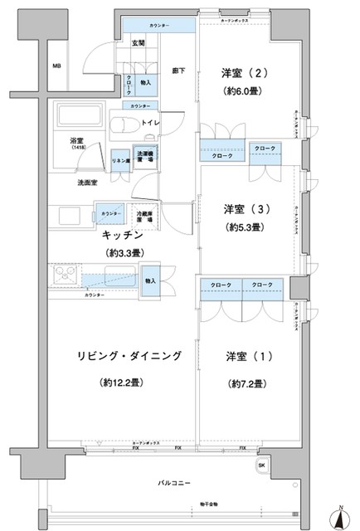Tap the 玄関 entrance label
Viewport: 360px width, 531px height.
(x=138, y=43)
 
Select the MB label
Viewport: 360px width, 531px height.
(x=56, y=66)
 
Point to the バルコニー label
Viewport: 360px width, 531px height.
(x=174, y=482)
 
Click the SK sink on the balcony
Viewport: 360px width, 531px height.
(x=263, y=465)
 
